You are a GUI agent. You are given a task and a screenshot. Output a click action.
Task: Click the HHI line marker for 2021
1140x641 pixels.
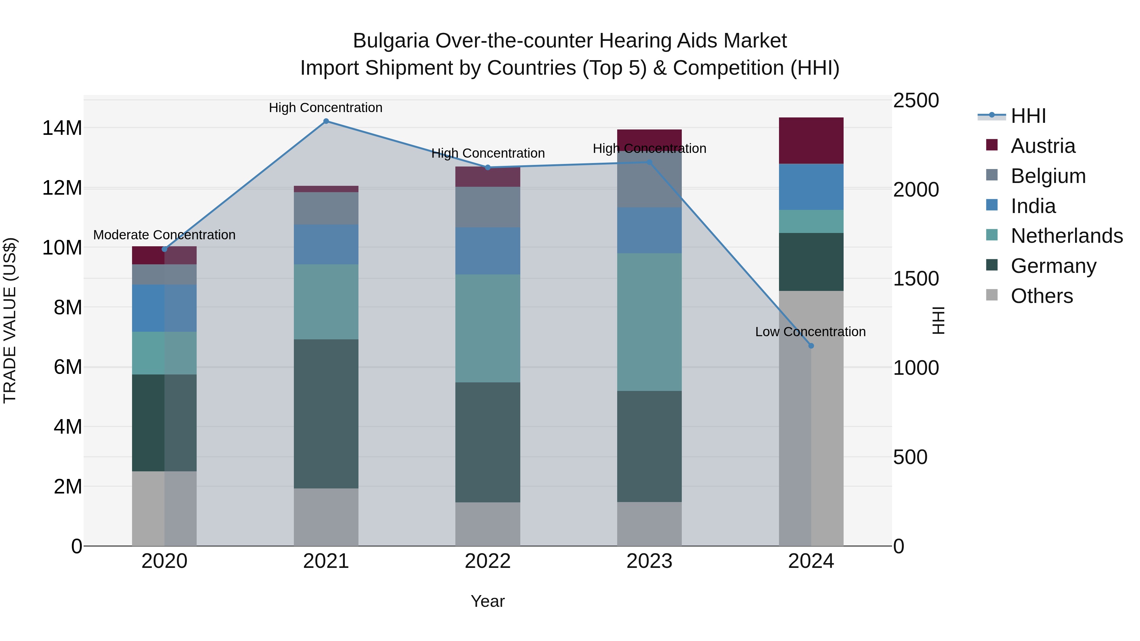click(x=326, y=121)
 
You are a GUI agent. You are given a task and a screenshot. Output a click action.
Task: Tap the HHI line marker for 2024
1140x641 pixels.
click(x=811, y=346)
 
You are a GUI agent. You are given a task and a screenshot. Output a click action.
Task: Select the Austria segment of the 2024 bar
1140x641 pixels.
click(x=811, y=141)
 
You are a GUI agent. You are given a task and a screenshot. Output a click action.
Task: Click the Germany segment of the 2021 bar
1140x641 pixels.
click(x=326, y=414)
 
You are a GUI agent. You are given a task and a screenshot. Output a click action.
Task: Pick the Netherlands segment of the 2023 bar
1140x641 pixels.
click(x=649, y=322)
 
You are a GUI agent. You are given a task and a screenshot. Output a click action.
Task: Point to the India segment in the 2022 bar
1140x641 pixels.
click(x=488, y=251)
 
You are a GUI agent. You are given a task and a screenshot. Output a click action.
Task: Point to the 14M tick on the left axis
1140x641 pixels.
click(x=62, y=128)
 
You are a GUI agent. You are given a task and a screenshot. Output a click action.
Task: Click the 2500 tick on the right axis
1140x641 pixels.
click(x=915, y=100)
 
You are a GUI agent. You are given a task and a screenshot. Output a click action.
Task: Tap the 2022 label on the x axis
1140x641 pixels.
click(x=488, y=561)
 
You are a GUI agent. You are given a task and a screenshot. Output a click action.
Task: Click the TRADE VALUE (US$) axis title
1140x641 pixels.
click(x=10, y=320)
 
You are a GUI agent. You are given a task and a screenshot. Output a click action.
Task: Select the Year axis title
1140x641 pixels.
click(x=488, y=601)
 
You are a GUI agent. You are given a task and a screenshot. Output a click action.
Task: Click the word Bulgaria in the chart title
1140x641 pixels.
click(x=391, y=41)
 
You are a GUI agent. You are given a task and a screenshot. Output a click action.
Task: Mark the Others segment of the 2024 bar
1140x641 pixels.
click(x=811, y=418)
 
